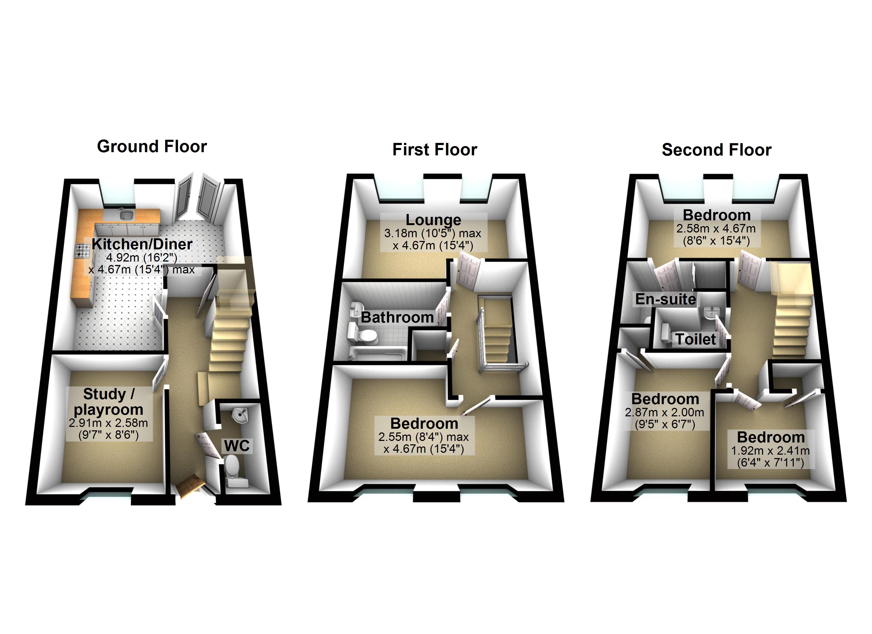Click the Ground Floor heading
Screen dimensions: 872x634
(152, 147)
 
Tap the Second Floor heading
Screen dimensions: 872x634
(716, 150)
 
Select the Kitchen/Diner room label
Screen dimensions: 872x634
(142, 244)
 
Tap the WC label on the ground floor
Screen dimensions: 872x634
(237, 446)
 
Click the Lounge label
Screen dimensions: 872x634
(433, 220)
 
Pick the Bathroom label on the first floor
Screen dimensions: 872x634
(397, 317)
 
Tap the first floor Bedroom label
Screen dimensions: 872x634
(424, 423)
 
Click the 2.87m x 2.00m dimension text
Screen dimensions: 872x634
(664, 413)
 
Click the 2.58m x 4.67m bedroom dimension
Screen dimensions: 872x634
(716, 229)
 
